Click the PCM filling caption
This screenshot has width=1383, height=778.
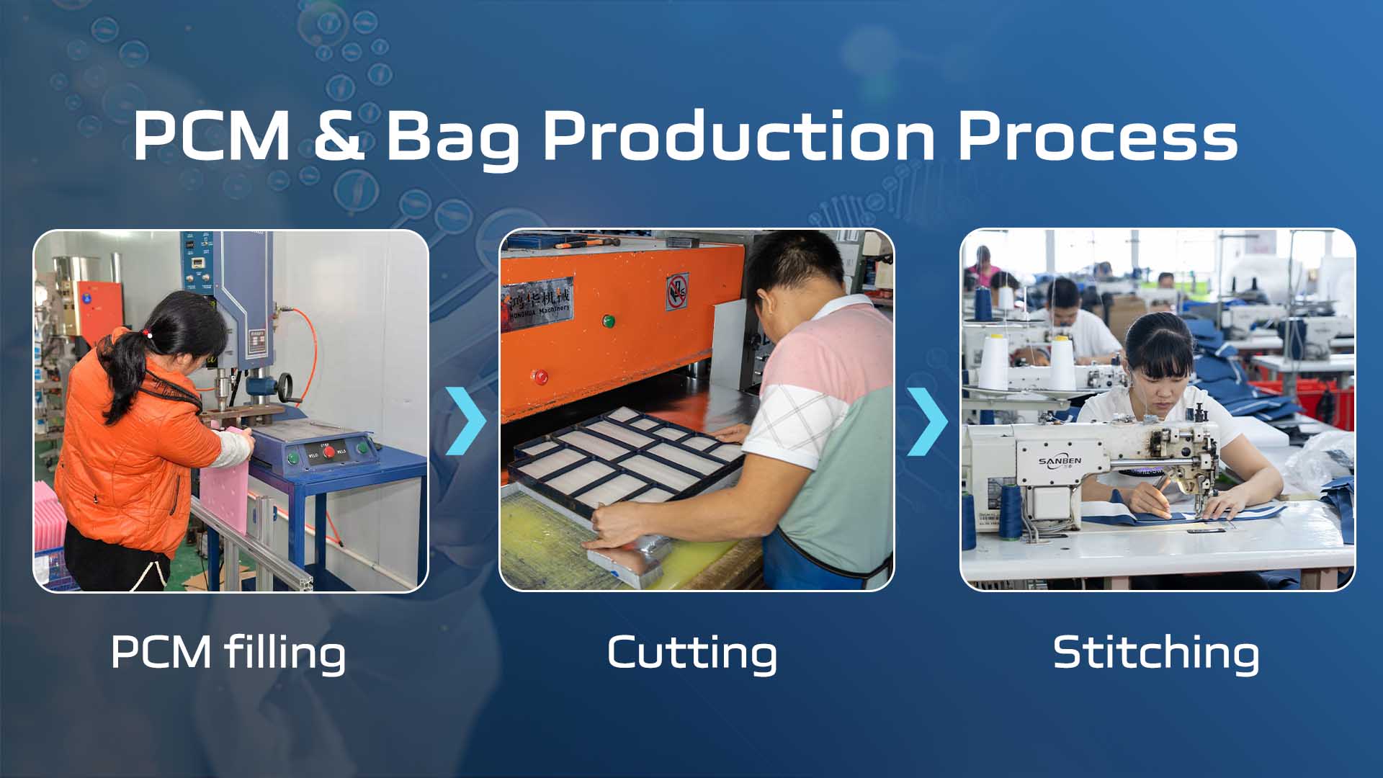point(228,653)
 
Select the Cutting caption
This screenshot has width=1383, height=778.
point(692,653)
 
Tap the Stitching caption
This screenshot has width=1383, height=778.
point(1156,653)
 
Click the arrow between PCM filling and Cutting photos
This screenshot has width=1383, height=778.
point(465,421)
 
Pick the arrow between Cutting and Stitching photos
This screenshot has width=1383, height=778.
point(926,421)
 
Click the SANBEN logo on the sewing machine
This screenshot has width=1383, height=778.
point(1060,461)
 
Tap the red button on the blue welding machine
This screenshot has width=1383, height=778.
point(328,452)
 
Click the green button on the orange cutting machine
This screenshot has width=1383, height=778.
point(608,321)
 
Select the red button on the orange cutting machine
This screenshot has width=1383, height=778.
point(539,376)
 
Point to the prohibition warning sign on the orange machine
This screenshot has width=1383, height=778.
point(676,292)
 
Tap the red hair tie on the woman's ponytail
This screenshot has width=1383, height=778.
point(147,334)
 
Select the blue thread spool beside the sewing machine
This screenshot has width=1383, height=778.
point(1008,513)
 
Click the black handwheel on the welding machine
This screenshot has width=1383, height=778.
point(285,382)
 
